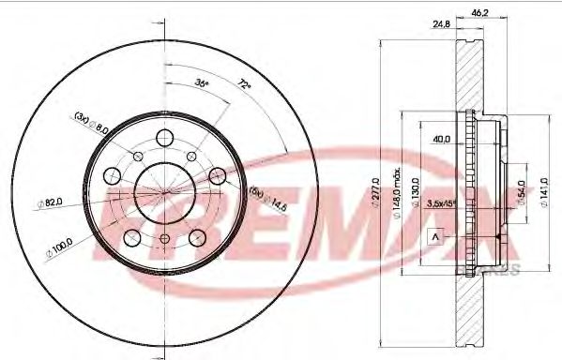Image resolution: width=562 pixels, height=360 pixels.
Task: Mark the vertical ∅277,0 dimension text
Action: coord(375,193)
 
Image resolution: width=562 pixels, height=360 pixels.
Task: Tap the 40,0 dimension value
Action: coord(439,140)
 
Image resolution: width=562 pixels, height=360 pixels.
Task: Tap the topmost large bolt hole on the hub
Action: coord(166,138)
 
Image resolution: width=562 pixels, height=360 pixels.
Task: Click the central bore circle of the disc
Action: coord(166,192)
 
